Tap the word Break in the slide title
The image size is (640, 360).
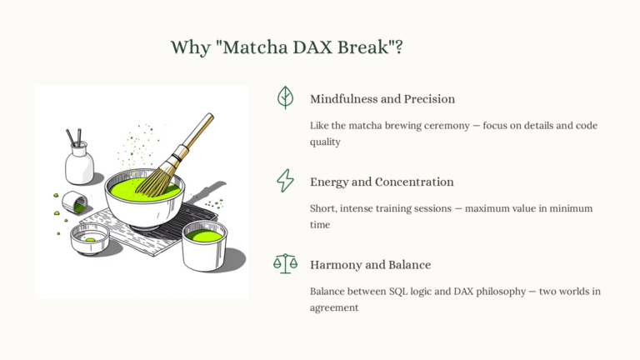pyautogui.click(x=368, y=47)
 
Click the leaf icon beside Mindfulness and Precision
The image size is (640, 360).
pyautogui.click(x=286, y=97)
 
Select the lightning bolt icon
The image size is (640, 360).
pyautogui.click(x=286, y=180)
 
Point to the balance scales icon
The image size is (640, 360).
pyautogui.click(x=286, y=264)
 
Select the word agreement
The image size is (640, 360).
pyautogui.click(x=334, y=307)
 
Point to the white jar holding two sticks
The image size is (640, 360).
pyautogui.click(x=80, y=162)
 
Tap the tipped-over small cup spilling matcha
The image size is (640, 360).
pyautogui.click(x=75, y=202)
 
